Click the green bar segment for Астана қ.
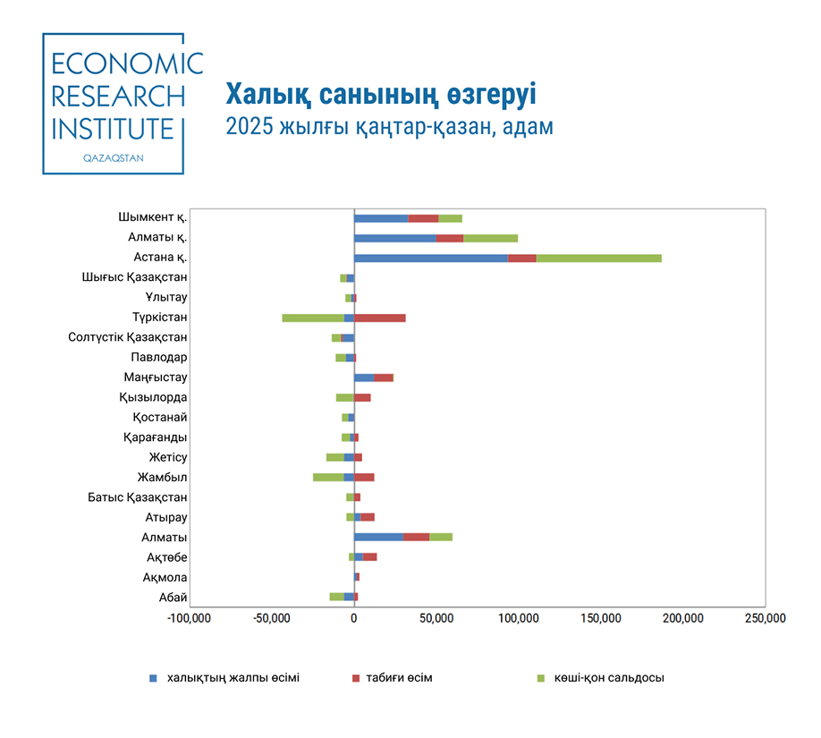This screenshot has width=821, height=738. [598, 258]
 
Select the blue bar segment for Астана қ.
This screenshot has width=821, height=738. [430, 258]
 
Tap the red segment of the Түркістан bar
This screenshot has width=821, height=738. [380, 318]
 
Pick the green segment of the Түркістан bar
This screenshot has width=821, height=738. [313, 318]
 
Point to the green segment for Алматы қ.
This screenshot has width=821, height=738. [490, 238]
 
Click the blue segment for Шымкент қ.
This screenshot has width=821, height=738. [381, 218]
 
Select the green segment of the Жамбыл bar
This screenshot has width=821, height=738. [328, 477]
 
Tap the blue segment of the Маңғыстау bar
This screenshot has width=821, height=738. [364, 377]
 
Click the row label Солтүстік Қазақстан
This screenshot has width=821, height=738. [127, 337]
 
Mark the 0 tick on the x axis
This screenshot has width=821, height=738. [354, 618]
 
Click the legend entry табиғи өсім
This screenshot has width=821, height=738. [399, 677]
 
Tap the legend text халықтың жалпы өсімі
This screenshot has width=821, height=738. [226, 677]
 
